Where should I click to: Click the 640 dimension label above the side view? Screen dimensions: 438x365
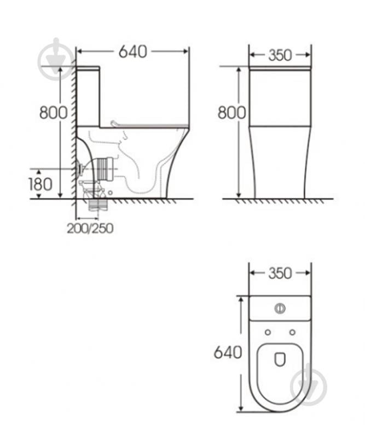(132, 52)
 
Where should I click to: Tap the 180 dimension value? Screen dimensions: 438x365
(40, 183)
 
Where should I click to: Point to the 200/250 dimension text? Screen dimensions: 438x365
(90, 228)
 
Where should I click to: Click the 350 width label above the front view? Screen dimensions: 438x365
(280, 55)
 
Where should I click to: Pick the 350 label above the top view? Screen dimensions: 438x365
(280, 273)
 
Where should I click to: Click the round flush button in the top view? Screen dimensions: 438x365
(280, 308)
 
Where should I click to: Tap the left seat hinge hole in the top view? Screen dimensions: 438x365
(267, 332)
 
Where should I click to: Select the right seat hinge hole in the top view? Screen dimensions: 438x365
(293, 332)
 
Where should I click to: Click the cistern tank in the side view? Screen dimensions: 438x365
(88, 96)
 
